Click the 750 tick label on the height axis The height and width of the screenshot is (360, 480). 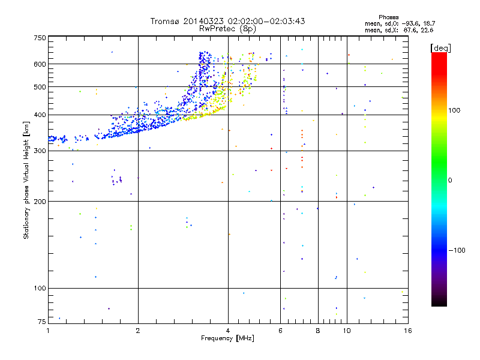pos(39,38)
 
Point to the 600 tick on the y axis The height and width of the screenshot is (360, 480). pos(39,64)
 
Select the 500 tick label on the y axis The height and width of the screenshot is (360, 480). pos(39,87)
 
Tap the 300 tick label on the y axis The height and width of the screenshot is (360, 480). pos(39,151)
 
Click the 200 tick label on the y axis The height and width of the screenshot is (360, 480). pos(39,201)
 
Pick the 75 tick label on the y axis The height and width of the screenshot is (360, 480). pos(41,323)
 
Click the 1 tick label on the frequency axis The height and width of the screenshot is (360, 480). pos(48,331)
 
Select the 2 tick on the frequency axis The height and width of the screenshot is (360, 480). pos(138,331)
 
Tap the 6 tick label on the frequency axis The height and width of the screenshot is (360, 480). pos(281,331)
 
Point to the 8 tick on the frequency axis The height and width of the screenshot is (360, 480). pos(318,331)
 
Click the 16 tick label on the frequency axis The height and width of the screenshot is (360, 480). pos(407,331)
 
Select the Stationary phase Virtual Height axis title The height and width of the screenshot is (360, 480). pos(26,180)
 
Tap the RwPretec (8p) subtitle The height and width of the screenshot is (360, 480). pos(227,28)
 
